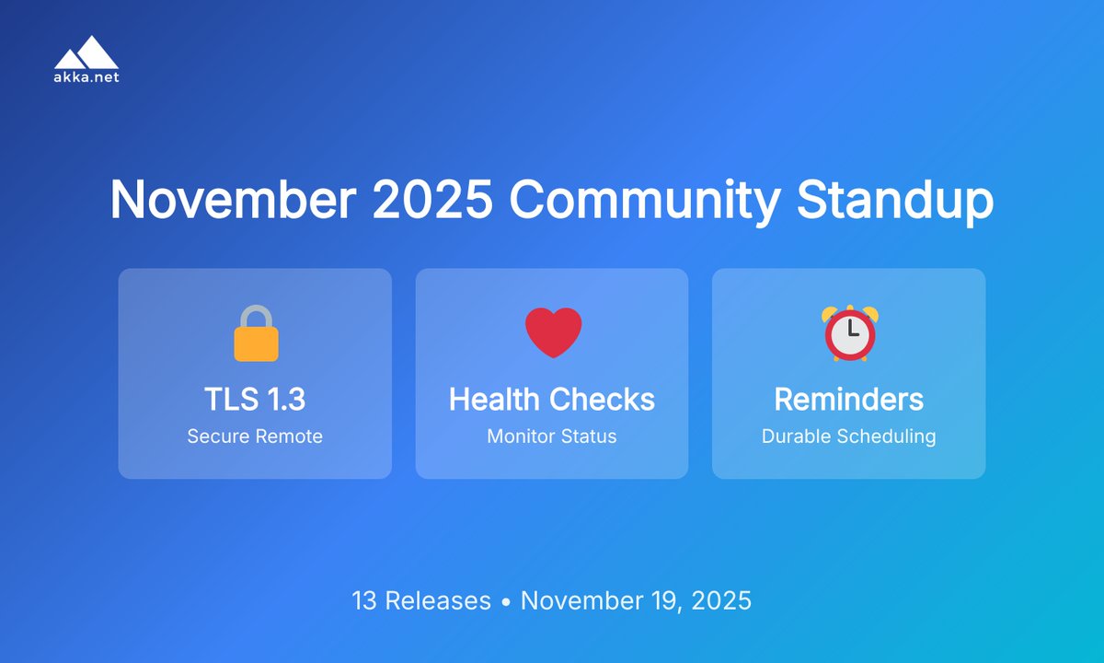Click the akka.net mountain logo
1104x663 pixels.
point(86,52)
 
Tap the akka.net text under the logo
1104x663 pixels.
point(86,77)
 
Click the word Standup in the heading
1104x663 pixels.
point(895,200)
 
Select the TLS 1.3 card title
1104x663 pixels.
point(255,400)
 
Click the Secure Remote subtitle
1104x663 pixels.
point(255,436)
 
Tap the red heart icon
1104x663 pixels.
point(553,332)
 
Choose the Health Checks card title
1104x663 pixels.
point(552,400)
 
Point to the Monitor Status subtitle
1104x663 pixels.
point(552,436)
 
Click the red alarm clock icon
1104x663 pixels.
point(850,332)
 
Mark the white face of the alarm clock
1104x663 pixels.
point(850,336)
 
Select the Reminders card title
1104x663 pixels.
point(849,400)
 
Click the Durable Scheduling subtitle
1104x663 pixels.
point(849,436)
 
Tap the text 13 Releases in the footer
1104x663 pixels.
point(421,601)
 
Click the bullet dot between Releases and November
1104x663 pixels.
point(506,602)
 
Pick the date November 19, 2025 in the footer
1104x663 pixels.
point(636,601)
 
